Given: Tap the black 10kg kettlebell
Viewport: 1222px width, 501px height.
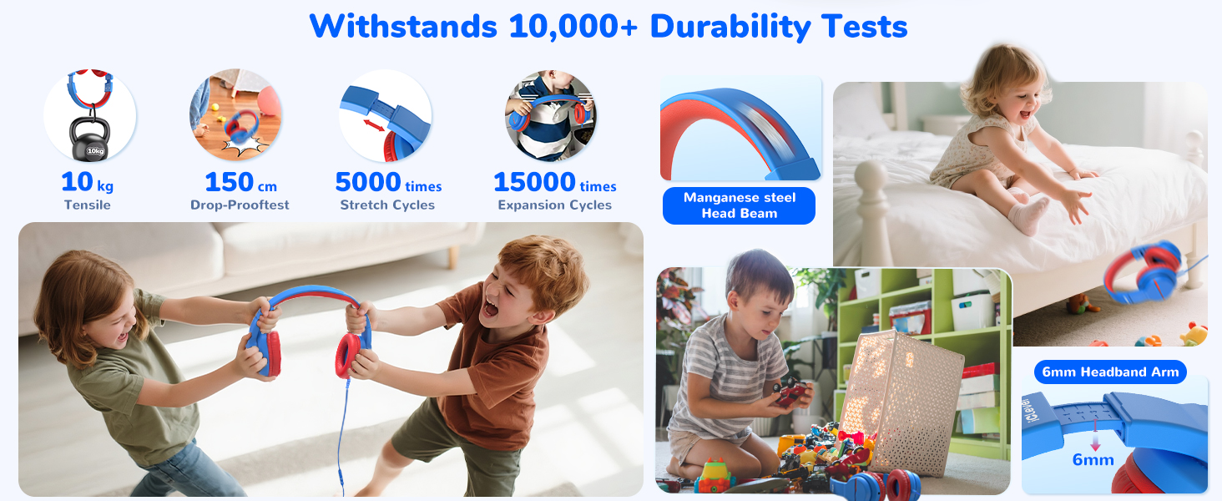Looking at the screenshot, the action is click(x=90, y=139).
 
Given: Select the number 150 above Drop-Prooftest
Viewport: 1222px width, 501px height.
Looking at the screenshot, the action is click(x=229, y=182).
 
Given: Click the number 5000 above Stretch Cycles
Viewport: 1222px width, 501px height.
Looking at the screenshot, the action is click(x=368, y=182).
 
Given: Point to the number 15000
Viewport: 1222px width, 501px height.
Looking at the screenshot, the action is click(x=534, y=182).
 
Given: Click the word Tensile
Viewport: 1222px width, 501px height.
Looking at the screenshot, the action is click(x=88, y=205).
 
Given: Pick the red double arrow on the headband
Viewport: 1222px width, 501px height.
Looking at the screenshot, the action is click(x=374, y=125).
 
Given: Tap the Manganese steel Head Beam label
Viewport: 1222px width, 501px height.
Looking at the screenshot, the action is click(x=740, y=205).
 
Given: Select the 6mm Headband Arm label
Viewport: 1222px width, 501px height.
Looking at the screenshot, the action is click(x=1110, y=372).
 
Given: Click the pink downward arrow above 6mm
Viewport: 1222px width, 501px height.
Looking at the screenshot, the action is click(x=1095, y=435).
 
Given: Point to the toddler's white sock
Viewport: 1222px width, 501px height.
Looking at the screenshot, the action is click(x=1028, y=215).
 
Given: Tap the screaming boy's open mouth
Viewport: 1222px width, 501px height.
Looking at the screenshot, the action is click(x=491, y=310).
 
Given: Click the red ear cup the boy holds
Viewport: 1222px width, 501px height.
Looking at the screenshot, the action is click(x=348, y=355).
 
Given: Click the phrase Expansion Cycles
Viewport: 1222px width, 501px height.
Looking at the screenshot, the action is click(x=555, y=205).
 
